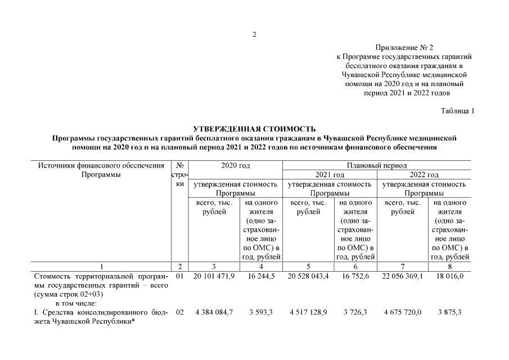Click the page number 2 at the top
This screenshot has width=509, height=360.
pyautogui.click(x=254, y=34)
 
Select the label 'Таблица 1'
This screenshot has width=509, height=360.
pyautogui.click(x=458, y=111)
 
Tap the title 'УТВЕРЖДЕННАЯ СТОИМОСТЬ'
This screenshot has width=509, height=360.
pyautogui.click(x=254, y=129)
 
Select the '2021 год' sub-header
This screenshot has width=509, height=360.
pyautogui.click(x=329, y=175)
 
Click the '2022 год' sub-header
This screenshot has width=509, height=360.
pyautogui.click(x=424, y=175)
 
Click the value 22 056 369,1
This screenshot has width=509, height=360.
pyautogui.click(x=402, y=277)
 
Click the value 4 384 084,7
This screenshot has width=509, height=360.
pyautogui.click(x=214, y=312)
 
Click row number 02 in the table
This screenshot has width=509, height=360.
pyautogui.click(x=179, y=312)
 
